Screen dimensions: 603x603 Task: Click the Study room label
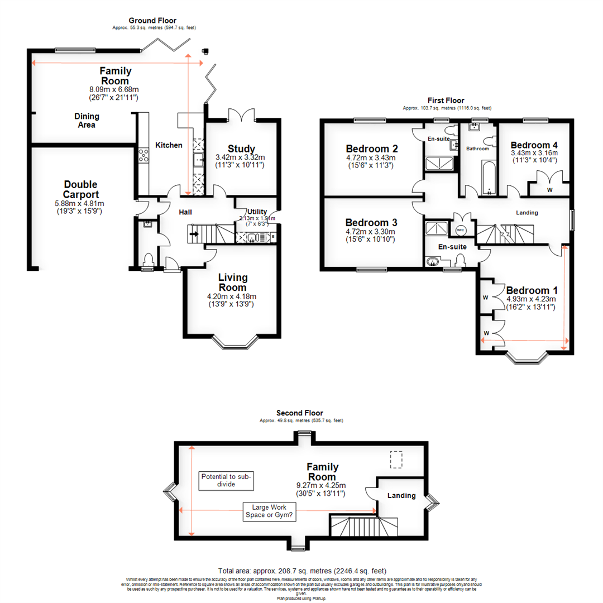[241, 149]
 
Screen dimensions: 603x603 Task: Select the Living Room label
[233, 282]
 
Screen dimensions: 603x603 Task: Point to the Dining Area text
[87, 121]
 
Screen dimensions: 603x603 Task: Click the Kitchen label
[169, 145]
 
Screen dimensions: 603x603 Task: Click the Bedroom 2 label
[372, 149]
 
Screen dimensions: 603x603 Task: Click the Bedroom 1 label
[531, 291]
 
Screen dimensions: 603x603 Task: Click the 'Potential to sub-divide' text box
[226, 481]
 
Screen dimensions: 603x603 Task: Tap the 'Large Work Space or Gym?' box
[270, 511]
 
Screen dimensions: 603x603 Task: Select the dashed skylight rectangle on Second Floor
[396, 460]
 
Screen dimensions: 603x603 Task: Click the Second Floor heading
[300, 413]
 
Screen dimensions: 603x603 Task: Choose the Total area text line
[302, 571]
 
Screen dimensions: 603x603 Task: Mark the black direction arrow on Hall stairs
[194, 234]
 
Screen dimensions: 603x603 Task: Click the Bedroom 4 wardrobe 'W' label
[550, 190]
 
